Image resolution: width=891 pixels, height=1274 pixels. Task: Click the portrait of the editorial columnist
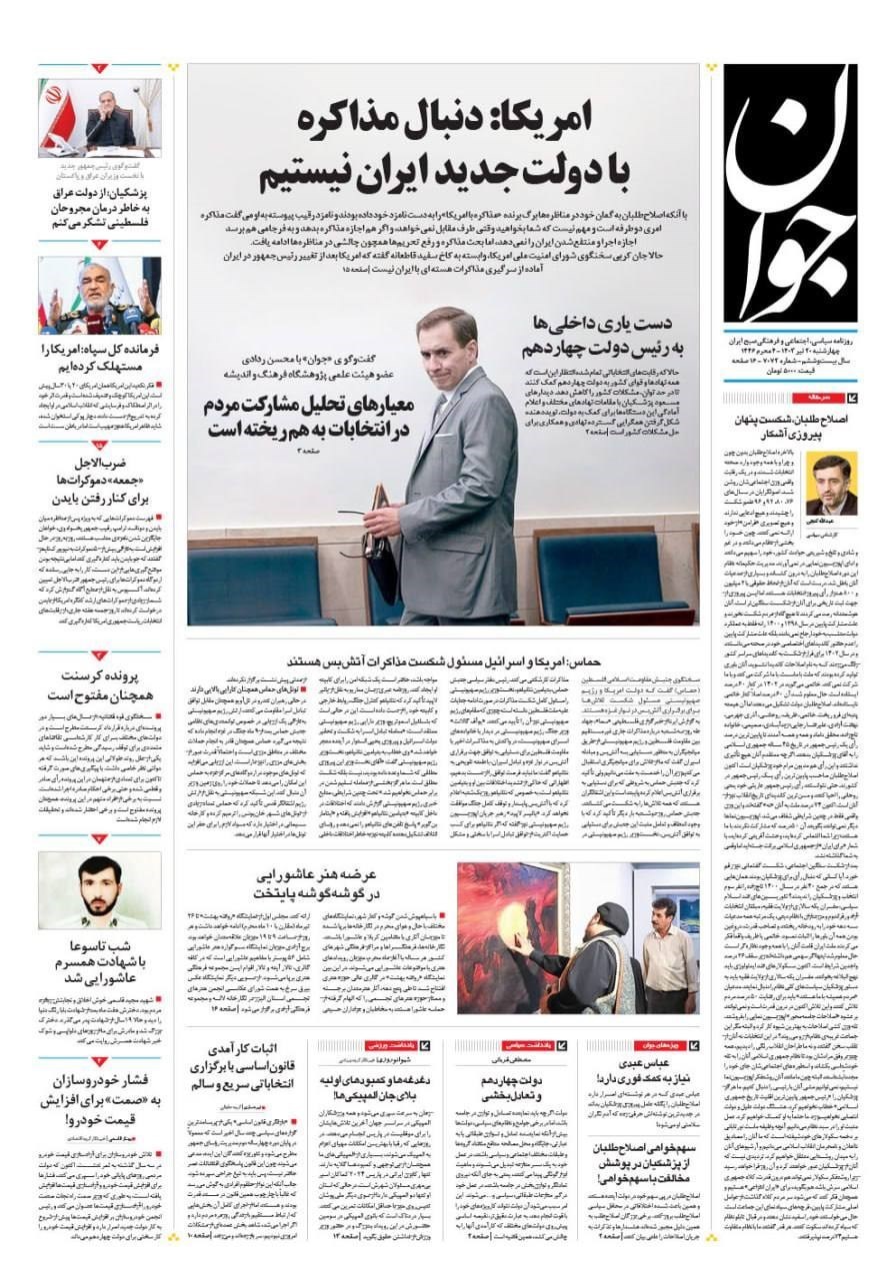click(x=831, y=484)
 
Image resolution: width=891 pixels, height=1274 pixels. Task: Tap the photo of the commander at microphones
click(x=99, y=296)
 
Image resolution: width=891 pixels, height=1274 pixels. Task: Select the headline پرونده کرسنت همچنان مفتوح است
click(x=99, y=684)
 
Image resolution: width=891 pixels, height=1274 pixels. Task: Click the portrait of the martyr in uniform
click(x=99, y=890)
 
